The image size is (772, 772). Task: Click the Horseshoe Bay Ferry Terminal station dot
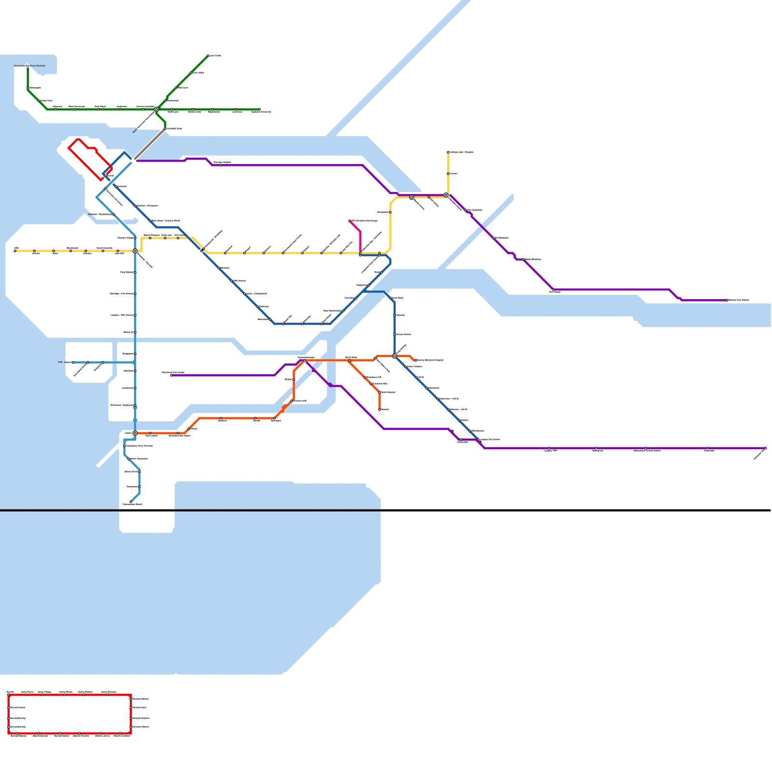click(x=28, y=69)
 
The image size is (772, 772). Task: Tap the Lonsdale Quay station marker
click(x=165, y=128)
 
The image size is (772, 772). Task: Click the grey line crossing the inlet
click(x=150, y=143)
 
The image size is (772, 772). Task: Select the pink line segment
click(x=359, y=236)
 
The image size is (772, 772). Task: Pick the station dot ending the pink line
click(x=349, y=221)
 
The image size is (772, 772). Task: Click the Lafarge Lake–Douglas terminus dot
click(x=448, y=152)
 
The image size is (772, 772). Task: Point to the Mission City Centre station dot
click(x=727, y=300)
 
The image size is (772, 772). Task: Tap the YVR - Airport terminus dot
click(x=73, y=362)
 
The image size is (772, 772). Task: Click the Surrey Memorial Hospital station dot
click(x=416, y=360)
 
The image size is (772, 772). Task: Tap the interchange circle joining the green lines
click(x=156, y=110)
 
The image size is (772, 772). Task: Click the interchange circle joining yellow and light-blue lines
click(x=135, y=251)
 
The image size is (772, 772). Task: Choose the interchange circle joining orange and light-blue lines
click(x=135, y=433)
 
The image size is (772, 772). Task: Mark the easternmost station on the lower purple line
click(x=765, y=448)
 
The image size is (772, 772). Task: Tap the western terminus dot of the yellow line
click(x=15, y=251)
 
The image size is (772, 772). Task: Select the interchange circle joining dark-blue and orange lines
click(x=394, y=356)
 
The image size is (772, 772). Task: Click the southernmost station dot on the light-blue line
click(x=131, y=502)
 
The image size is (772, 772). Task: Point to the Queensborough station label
click(x=306, y=358)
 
